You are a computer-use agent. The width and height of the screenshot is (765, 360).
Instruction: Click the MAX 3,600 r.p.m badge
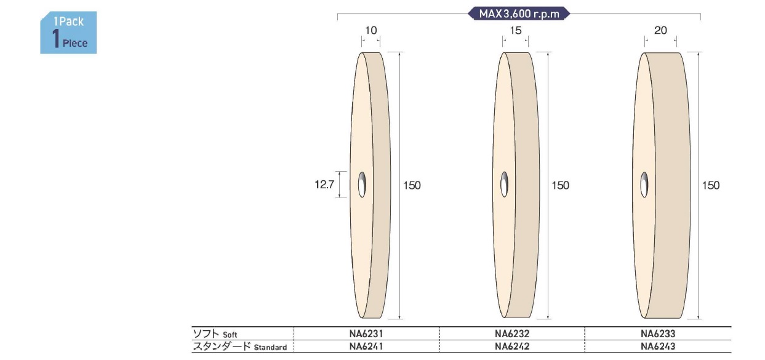[x=519, y=14]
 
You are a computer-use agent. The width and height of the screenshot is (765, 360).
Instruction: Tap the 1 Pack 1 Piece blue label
[x=68, y=33]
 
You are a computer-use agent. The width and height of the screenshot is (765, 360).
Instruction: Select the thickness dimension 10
[x=371, y=30]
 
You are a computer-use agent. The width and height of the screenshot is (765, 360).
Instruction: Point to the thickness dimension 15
[x=516, y=30]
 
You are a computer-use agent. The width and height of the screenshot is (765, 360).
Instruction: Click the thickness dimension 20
[x=660, y=30]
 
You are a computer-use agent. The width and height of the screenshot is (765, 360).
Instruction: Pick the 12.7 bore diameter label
[x=324, y=185]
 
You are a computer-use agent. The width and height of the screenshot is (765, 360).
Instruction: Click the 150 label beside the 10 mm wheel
[x=412, y=185]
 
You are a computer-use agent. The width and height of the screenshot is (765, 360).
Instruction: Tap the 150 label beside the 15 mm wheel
[x=561, y=185]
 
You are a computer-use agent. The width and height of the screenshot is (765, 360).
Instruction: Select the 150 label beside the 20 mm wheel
[x=711, y=185]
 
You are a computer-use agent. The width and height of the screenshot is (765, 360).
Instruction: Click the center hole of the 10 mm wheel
[x=362, y=185]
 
